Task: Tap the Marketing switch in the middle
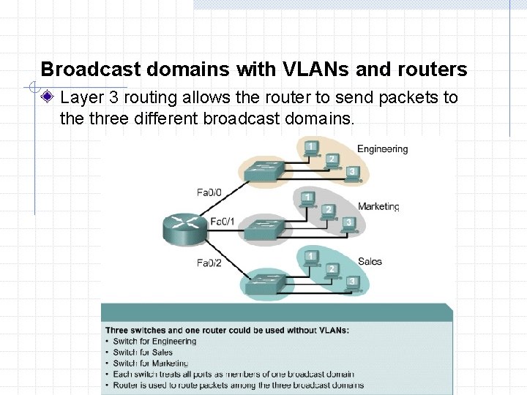pyautogui.click(x=266, y=229)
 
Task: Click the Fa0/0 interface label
pyautogui.click(x=209, y=193)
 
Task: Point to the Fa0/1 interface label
pyautogui.click(x=223, y=221)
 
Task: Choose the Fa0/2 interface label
pyautogui.click(x=209, y=262)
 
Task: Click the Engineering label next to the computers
pyautogui.click(x=382, y=149)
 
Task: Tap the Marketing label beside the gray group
pyautogui.click(x=378, y=206)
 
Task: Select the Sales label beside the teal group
pyautogui.click(x=370, y=261)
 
